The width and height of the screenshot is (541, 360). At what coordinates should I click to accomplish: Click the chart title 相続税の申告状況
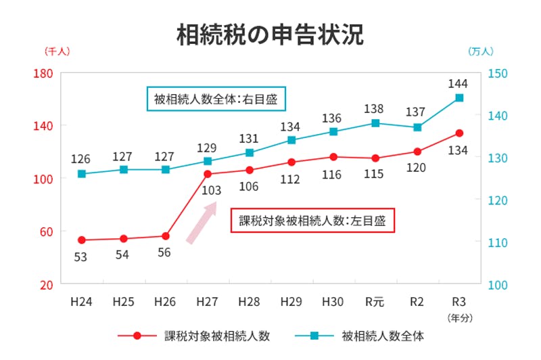(270, 35)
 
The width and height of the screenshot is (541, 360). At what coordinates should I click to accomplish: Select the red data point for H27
(208, 174)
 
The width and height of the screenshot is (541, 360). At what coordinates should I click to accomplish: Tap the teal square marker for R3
(459, 97)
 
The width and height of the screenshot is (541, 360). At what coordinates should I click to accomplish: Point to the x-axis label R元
(375, 301)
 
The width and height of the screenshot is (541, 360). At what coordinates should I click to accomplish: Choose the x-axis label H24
(82, 301)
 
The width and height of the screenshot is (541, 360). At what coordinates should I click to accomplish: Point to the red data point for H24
(82, 240)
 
